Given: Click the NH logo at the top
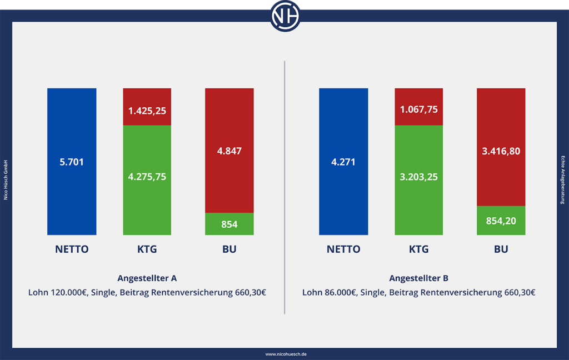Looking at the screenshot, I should (285, 16).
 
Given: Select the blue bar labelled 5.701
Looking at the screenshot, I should (72, 162).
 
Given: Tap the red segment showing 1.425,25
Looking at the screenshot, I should (147, 107).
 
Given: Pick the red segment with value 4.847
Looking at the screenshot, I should (229, 150).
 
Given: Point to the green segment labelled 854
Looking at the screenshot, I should (229, 224).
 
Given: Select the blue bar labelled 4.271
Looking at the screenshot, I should (343, 162).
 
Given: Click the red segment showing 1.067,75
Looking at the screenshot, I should (419, 107).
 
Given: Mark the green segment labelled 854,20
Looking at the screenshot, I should (501, 220).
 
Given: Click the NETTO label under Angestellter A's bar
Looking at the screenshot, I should (72, 249).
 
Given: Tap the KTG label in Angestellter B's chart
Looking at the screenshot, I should (419, 249).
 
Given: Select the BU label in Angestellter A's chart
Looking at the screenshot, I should (229, 249).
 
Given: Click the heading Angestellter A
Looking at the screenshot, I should (147, 278).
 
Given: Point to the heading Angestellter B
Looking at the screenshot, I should (419, 278).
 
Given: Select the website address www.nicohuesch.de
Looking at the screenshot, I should (284, 354).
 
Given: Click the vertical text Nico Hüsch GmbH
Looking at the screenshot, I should (6, 180).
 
